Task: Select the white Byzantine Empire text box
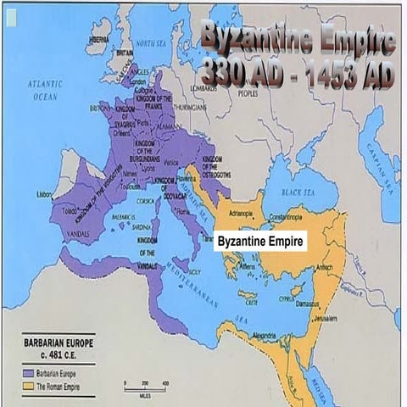[259, 242]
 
